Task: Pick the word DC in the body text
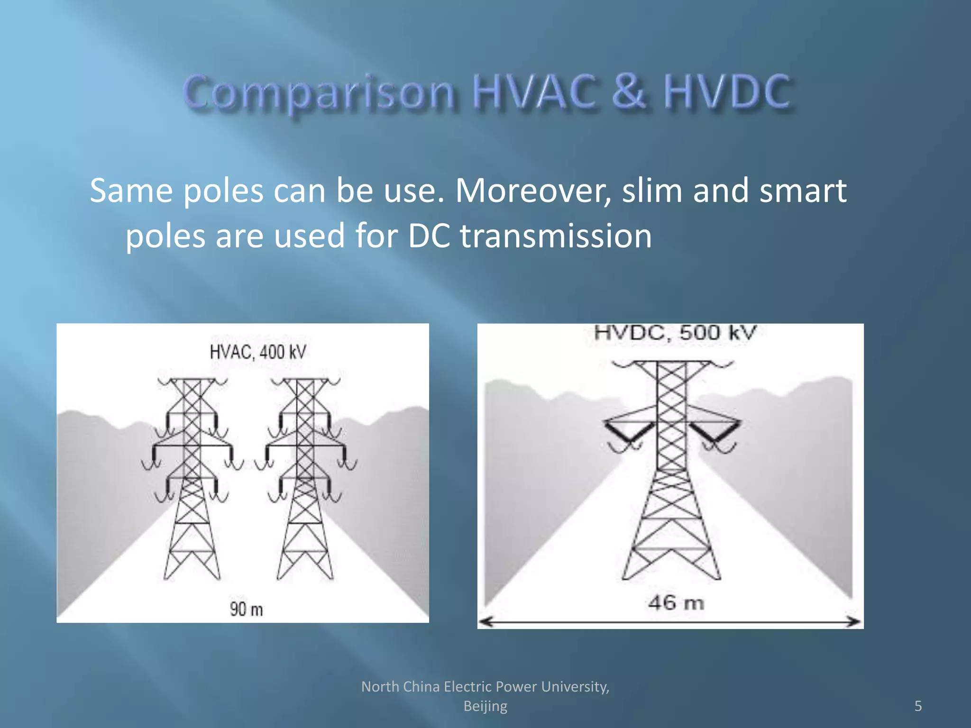coord(429,236)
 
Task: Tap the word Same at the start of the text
coord(131,191)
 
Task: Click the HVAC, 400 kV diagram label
coord(258,352)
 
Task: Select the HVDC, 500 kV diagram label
coord(675,333)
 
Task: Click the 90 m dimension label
coord(246,609)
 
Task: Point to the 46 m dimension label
coord(676,603)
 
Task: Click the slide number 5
coord(918,706)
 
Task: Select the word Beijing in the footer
coord(485,706)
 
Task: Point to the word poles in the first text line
coord(223,191)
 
